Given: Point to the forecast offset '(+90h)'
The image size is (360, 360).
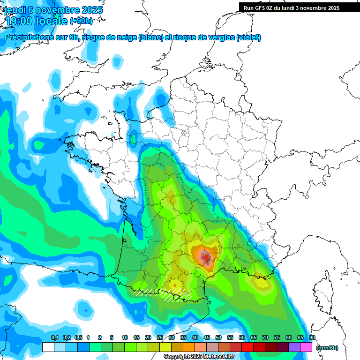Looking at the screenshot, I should pyautogui.click(x=81, y=21).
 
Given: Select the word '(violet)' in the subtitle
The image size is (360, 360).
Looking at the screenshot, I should pyautogui.click(x=249, y=37).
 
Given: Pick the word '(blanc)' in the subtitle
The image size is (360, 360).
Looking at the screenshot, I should pyautogui.click(x=150, y=37).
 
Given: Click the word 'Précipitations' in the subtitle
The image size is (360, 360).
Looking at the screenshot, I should pyautogui.click(x=28, y=37).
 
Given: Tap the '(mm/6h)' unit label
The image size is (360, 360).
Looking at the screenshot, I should pyautogui.click(x=327, y=348).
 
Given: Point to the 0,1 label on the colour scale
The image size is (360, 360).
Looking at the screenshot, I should pyautogui.click(x=54, y=338).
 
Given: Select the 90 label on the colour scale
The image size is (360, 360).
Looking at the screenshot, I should pyautogui.click(x=312, y=338).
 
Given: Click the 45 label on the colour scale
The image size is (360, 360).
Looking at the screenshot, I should pyautogui.click(x=207, y=338).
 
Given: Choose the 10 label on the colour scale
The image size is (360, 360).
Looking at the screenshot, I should pyautogui.click(x=125, y=338).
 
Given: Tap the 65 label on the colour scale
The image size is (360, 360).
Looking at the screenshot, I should pyautogui.click(x=254, y=338).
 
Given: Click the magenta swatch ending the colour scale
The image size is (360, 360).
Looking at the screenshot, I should pyautogui.click(x=306, y=347).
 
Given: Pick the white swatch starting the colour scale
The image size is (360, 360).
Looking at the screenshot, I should pyautogui.click(x=48, y=347).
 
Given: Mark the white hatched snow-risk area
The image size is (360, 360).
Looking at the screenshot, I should pyautogui.click(x=162, y=294).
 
